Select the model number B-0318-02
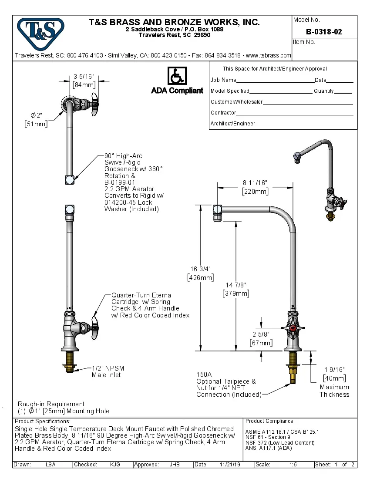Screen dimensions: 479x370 [x=324, y=32]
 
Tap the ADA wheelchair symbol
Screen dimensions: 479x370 [x=177, y=76]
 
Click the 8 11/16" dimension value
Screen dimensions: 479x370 [x=255, y=183]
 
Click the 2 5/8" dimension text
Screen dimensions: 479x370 [x=261, y=334]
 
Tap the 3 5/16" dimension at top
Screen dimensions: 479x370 [x=84, y=77]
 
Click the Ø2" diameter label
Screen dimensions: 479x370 [x=36, y=115]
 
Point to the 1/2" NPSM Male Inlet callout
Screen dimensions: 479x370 [x=108, y=371]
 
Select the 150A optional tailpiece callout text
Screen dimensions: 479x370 [x=226, y=385]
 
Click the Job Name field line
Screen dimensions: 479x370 [x=275, y=81]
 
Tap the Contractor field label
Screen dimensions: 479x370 [x=223, y=113]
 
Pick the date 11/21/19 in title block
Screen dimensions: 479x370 [x=230, y=465]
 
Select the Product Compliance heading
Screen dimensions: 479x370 [x=270, y=421]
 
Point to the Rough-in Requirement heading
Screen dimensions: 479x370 [x=52, y=404]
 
